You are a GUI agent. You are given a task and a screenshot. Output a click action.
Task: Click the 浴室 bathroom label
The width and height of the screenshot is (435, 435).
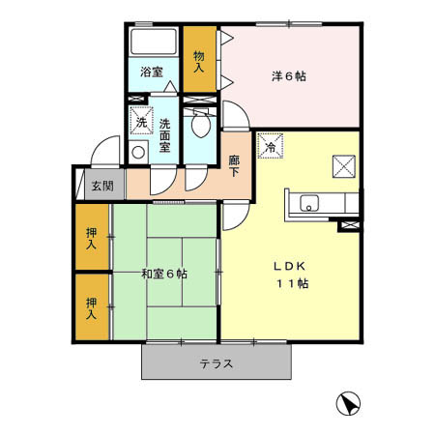point(151,72)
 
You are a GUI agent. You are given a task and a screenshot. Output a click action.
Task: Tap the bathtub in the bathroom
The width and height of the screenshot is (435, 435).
point(153,43)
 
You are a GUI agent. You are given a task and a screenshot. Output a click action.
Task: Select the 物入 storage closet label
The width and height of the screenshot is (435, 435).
point(199,62)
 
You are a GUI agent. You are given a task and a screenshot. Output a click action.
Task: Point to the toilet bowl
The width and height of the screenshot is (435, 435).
point(201,126)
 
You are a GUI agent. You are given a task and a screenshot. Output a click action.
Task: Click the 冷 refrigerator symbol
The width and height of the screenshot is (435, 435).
point(270,146)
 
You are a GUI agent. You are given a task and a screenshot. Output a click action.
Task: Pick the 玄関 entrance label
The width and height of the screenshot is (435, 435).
point(100,185)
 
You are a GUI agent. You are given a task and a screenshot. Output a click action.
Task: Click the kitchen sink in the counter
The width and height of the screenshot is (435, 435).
point(310,203)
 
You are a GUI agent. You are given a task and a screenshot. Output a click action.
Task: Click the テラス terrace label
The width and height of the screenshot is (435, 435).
point(217,364)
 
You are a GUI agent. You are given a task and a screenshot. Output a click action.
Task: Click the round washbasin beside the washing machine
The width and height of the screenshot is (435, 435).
point(137,153)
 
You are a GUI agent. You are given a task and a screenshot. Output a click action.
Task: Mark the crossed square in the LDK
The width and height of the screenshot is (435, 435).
point(344,165)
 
